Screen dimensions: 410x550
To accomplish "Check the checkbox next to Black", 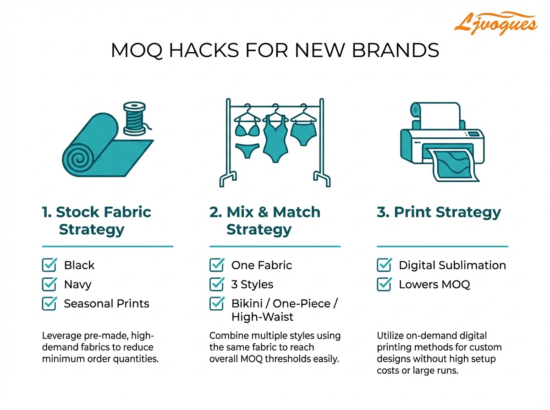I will click(x=49, y=265).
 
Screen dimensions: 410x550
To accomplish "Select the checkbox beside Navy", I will click(x=49, y=284).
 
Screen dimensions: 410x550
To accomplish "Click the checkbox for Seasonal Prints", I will click(x=49, y=303).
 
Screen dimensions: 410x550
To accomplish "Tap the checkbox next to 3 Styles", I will click(x=216, y=284).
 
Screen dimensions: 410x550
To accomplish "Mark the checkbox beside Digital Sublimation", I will click(x=384, y=265).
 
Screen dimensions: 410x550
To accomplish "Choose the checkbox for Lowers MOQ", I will click(x=384, y=284).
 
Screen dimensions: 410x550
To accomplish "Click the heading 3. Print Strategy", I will click(x=439, y=212).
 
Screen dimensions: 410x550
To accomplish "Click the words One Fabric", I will click(x=261, y=265).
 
